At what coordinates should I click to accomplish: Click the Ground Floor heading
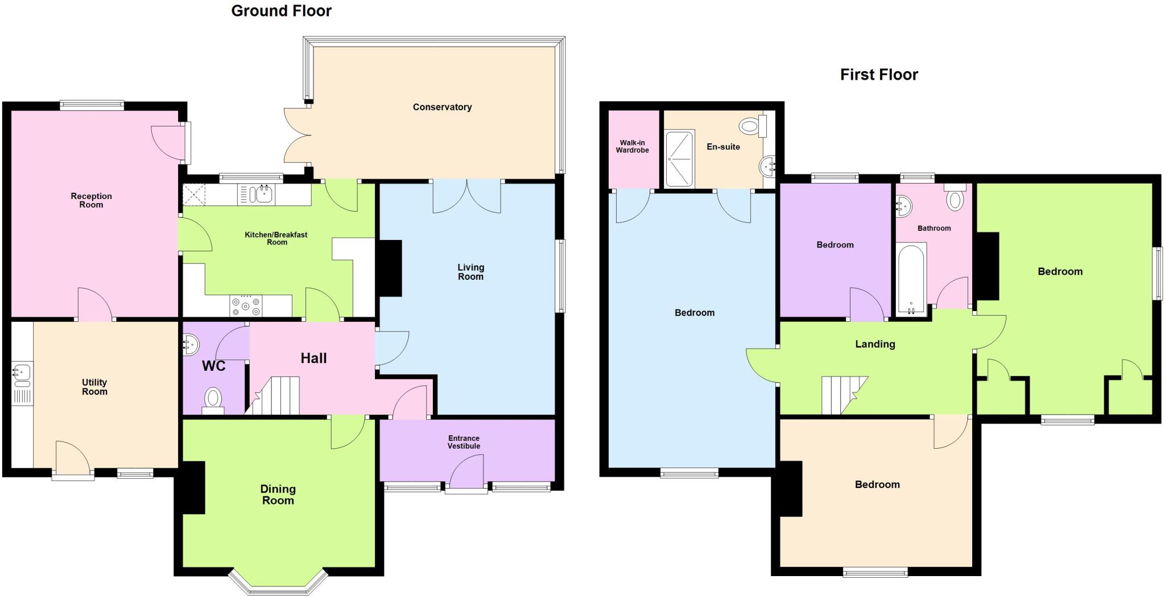pos(281,11)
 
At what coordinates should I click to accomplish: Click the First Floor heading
pos(879,74)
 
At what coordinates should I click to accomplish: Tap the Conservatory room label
pos(442,107)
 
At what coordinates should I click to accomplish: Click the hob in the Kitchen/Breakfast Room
pos(246,306)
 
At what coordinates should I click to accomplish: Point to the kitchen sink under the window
pos(263,193)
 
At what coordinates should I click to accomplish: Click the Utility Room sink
pos(22,376)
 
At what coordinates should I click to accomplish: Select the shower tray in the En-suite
pos(680,159)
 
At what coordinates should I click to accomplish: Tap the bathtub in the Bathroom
pos(911,279)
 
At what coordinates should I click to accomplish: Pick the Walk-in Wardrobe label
pos(632,147)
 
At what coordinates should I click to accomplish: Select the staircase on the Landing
pos(843,395)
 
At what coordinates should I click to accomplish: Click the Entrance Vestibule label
pos(464,442)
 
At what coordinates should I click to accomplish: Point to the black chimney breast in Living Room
pos(390,268)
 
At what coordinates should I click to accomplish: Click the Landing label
pos(875,344)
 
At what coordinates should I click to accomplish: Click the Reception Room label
pos(91,200)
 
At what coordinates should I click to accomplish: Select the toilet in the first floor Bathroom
pos(955,199)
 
